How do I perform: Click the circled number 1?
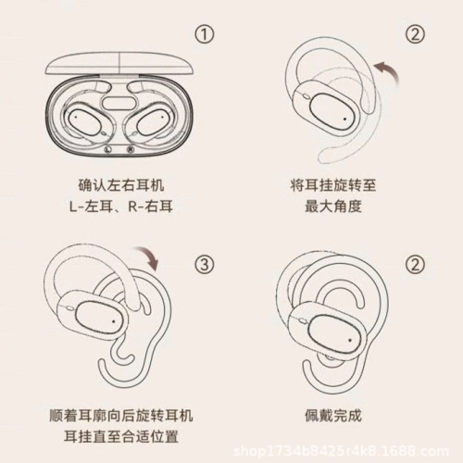click(x=205, y=34)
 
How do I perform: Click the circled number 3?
click(x=205, y=264)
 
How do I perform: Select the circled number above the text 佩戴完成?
click(x=415, y=264)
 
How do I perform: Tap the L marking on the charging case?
click(x=107, y=149)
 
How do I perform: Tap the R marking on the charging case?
click(x=131, y=149)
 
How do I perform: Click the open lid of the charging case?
click(x=119, y=63)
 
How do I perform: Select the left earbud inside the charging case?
click(x=83, y=122)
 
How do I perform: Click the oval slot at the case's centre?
click(x=119, y=104)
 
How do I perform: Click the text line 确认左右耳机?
click(x=121, y=185)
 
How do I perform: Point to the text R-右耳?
click(x=150, y=206)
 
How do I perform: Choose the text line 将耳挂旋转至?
click(x=333, y=185)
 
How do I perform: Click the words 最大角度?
click(x=333, y=206)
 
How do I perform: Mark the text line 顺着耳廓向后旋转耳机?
click(x=121, y=416)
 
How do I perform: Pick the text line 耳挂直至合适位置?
click(x=121, y=436)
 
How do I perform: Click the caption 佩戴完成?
click(x=333, y=416)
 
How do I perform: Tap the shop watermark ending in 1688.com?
click(x=341, y=452)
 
